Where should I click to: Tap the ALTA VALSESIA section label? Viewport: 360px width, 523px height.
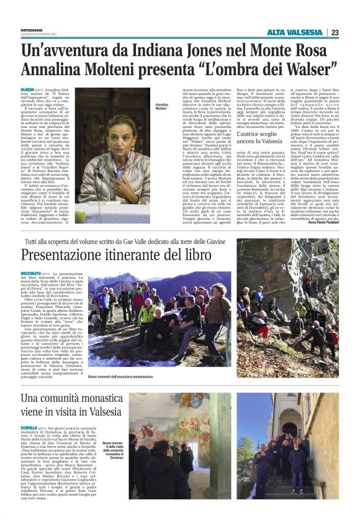(x=295, y=32)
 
